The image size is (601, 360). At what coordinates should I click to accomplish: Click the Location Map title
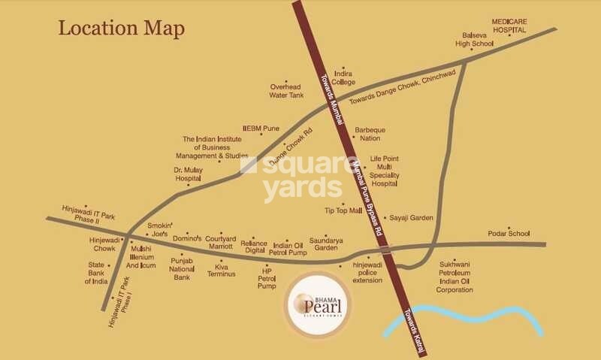[x=122, y=29]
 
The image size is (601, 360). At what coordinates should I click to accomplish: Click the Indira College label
[x=343, y=77]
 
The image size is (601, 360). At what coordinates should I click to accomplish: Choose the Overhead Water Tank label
[x=286, y=91]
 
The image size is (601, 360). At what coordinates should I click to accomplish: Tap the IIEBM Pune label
[x=261, y=129]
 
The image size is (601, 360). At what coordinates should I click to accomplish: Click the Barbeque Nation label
[x=370, y=134]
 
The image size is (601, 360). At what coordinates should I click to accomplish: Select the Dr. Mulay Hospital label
[x=188, y=174]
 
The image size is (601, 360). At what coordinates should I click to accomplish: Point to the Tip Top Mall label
[x=343, y=210]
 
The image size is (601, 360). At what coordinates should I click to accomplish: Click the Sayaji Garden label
[x=411, y=218]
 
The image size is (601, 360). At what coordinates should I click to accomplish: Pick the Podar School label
[x=509, y=234]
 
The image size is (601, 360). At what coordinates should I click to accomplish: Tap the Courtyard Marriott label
[x=219, y=241]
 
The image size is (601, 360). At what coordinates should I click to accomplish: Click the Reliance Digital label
[x=253, y=247]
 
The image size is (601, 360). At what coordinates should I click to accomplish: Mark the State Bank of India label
[x=97, y=274]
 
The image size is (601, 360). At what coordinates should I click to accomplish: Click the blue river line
[x=466, y=313]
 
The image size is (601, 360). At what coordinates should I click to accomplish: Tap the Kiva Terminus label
[x=222, y=271]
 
